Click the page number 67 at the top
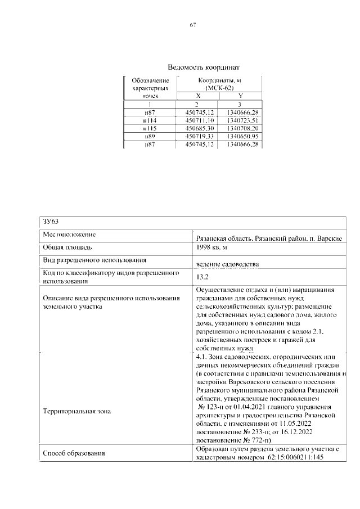(x=192, y=25)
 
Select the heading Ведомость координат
(x=192, y=66)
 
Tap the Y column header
(x=240, y=96)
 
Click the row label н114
(x=150, y=120)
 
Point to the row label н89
(x=150, y=137)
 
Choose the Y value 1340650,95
(x=240, y=137)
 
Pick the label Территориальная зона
(x=77, y=411)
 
